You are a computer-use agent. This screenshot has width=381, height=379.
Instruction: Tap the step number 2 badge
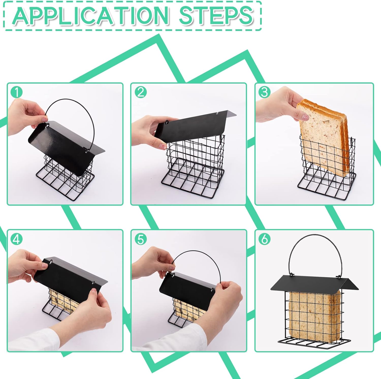(x=140, y=92)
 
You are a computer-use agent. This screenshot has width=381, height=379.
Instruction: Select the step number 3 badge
(x=264, y=92)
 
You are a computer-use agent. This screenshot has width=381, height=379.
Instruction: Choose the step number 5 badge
(x=140, y=239)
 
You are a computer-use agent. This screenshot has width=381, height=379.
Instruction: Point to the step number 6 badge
(x=264, y=239)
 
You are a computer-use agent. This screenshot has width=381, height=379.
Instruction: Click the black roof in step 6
(x=314, y=283)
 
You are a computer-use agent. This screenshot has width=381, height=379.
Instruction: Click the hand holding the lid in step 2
(x=150, y=130)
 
